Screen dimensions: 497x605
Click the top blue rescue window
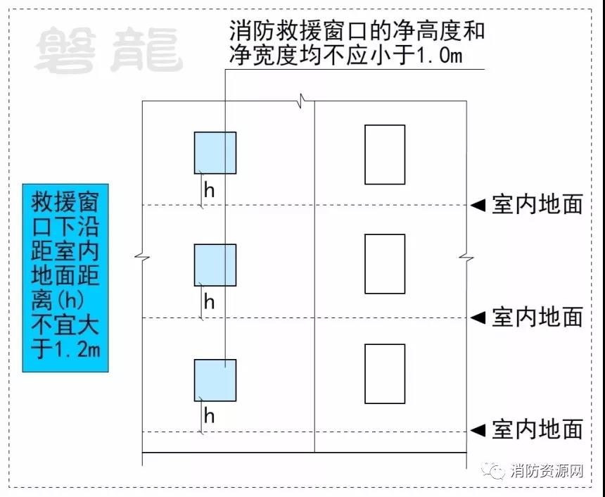click(215, 153)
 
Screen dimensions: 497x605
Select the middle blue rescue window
click(215, 265)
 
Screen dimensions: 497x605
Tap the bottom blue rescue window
click(215, 380)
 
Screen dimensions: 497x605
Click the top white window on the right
click(385, 155)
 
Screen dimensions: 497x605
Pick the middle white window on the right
click(385, 264)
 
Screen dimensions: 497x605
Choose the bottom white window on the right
click(385, 374)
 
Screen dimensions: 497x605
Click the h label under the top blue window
click(209, 189)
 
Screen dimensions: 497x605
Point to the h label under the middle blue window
click(209, 302)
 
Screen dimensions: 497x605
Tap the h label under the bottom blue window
click(209, 416)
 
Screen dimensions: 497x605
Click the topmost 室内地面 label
click(537, 205)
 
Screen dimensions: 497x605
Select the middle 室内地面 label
click(537, 317)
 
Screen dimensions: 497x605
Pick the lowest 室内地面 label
click(537, 429)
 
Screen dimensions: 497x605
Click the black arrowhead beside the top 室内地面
click(478, 205)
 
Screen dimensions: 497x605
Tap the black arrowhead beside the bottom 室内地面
click(478, 429)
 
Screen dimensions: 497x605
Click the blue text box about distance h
click(65, 278)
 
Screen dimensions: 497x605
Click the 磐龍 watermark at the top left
click(109, 51)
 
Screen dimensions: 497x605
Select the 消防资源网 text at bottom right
click(548, 470)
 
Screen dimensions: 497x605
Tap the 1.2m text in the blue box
click(77, 350)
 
